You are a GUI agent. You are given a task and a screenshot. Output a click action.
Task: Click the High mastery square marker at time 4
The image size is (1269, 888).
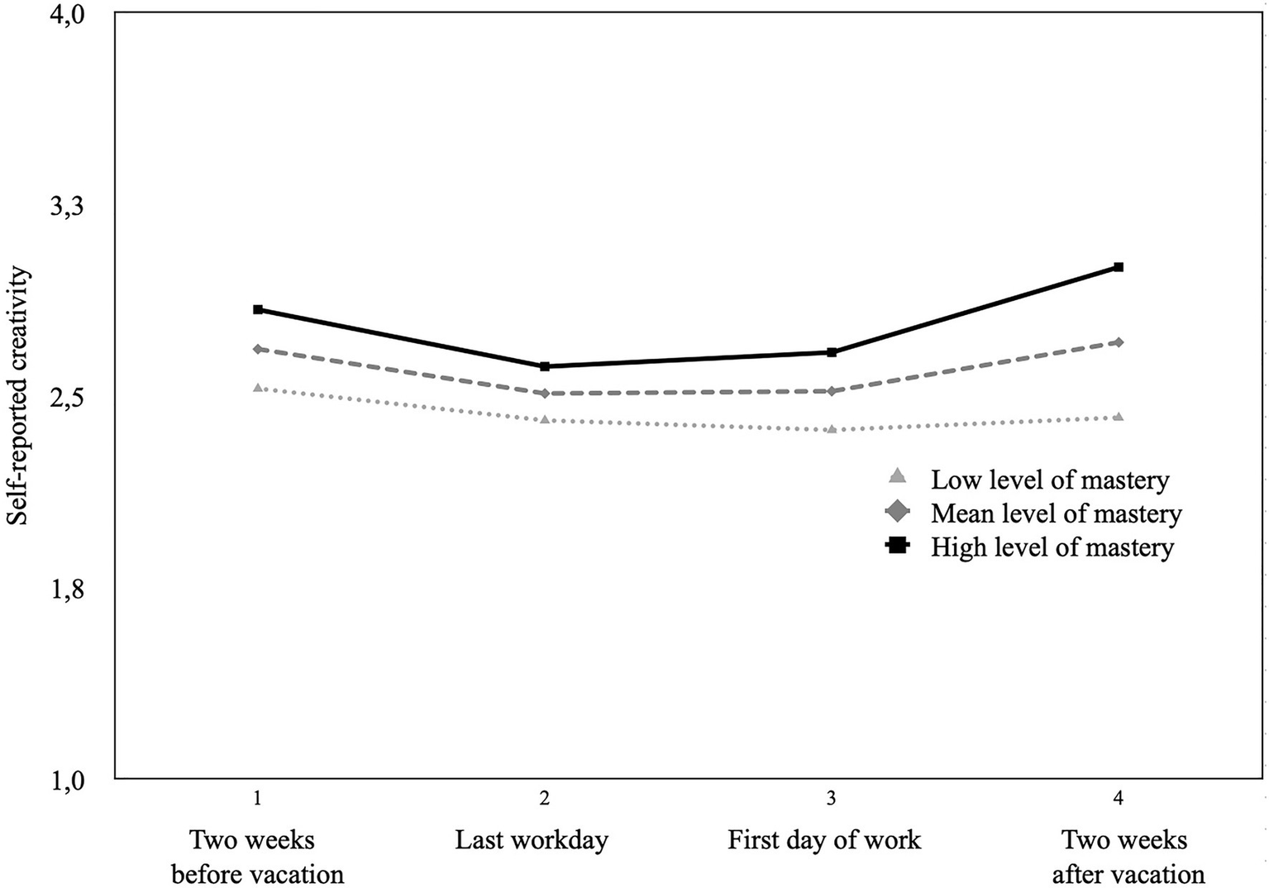pyautogui.click(x=1118, y=267)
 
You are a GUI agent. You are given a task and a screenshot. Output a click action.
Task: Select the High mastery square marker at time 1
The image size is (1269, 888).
pyautogui.click(x=258, y=309)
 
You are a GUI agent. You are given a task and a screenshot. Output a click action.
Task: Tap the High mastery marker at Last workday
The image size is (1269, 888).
pyautogui.click(x=544, y=366)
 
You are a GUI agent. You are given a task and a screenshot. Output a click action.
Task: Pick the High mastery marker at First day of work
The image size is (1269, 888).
pyautogui.click(x=832, y=352)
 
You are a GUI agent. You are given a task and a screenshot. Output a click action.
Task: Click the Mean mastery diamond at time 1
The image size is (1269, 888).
pyautogui.click(x=258, y=349)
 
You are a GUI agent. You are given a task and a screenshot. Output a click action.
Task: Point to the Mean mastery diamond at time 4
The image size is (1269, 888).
pyautogui.click(x=1118, y=342)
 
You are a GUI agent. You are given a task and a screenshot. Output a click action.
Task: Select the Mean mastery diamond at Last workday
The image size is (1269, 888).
pyautogui.click(x=544, y=393)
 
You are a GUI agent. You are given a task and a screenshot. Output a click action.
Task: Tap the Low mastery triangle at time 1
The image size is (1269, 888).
pyautogui.click(x=258, y=388)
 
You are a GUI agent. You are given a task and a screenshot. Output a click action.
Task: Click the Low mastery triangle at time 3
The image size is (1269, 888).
pyautogui.click(x=832, y=429)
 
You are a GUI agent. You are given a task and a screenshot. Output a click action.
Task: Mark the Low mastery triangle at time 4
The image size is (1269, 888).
pyautogui.click(x=1118, y=417)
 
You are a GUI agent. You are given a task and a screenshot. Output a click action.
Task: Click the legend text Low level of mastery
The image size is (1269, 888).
pyautogui.click(x=1050, y=480)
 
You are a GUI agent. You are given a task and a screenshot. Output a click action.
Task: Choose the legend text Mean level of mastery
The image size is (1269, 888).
pyautogui.click(x=1056, y=513)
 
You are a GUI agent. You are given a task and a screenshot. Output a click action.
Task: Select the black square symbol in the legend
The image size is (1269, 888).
pyautogui.click(x=897, y=546)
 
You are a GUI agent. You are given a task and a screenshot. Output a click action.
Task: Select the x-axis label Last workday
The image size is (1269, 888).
pyautogui.click(x=532, y=841)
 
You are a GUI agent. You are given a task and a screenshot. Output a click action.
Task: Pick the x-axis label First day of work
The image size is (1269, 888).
pyautogui.click(x=823, y=841)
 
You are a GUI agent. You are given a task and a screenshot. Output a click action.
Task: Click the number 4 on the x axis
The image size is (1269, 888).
pyautogui.click(x=1118, y=799)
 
